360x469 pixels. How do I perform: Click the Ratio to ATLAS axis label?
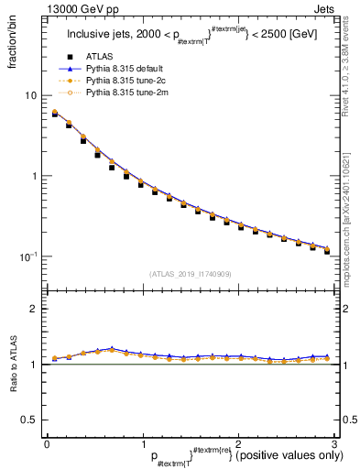click(12, 366)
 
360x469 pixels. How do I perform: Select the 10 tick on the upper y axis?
click(31, 95)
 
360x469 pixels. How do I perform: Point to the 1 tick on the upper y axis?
click(34, 176)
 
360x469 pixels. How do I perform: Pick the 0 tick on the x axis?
click(47, 444)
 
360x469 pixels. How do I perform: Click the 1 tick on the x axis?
click(142, 444)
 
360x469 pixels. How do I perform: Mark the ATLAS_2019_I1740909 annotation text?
click(191, 274)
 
